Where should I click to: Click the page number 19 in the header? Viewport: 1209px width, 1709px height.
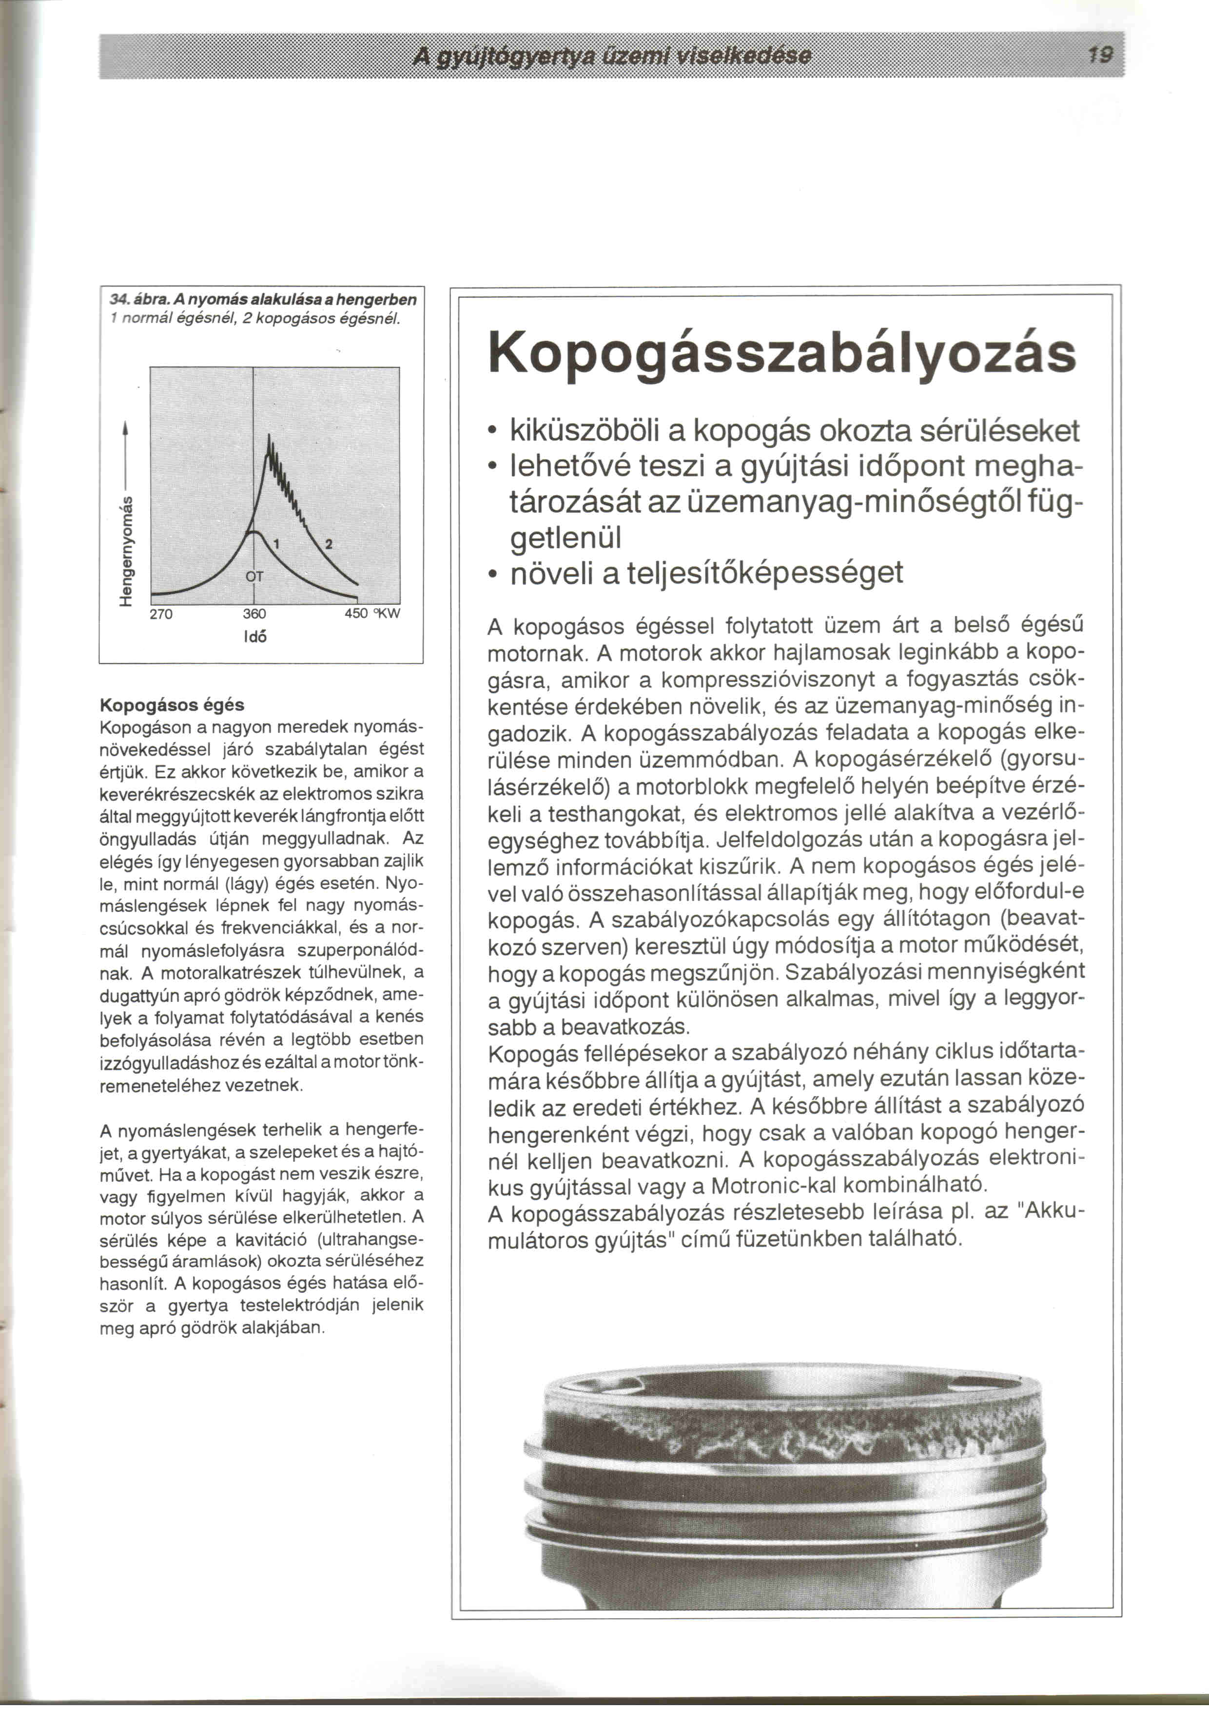pyautogui.click(x=1100, y=55)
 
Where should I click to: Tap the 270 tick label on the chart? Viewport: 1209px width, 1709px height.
pyautogui.click(x=161, y=614)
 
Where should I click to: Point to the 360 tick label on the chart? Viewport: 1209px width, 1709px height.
pyautogui.click(x=254, y=614)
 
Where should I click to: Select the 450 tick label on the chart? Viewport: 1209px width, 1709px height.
pyautogui.click(x=356, y=614)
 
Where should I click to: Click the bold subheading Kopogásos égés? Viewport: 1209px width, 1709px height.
pyautogui.click(x=172, y=704)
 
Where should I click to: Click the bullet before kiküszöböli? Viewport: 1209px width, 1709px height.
pyautogui.click(x=492, y=432)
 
